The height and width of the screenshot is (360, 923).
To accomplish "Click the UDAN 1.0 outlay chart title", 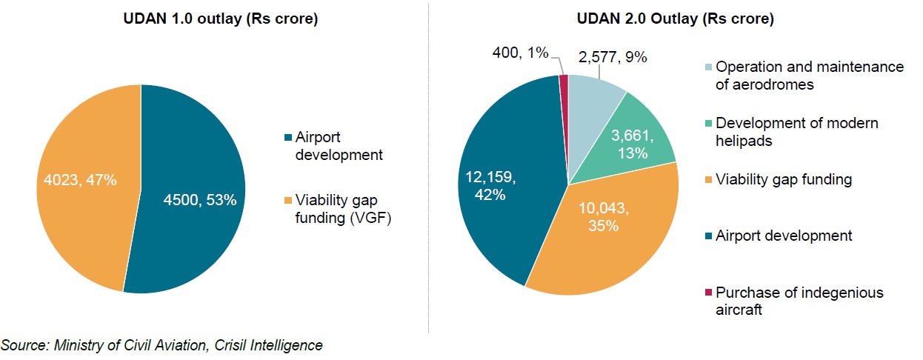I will tap(220, 20).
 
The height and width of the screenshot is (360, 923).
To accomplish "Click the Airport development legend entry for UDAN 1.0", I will tap(337, 146).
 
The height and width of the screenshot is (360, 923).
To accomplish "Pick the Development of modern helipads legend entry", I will tap(796, 132).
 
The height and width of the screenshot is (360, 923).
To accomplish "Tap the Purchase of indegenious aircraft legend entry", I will tap(799, 301).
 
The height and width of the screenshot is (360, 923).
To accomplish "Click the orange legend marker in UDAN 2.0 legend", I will tap(707, 180).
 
